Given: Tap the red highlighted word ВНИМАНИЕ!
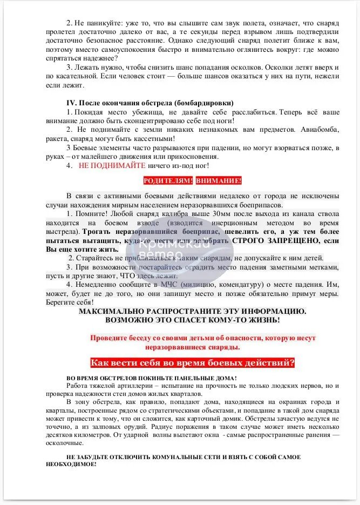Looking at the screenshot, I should click(219, 181).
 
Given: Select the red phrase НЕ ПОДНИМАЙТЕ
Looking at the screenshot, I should click(112, 166).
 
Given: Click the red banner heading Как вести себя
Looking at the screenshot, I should click(192, 362).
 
